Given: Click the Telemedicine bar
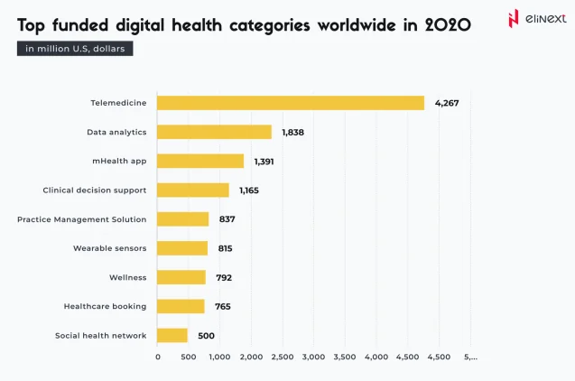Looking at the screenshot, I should pos(291,103).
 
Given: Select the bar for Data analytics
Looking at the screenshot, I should pos(215,132).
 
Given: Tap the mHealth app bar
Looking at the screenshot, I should pos(200,161).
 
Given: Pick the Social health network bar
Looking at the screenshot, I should pos(172,335).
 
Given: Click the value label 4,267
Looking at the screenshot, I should pos(447,103).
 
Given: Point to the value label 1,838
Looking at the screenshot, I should pos(294,132).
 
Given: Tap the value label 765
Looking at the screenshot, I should pos(222,306).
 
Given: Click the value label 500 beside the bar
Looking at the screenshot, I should pos(206,335).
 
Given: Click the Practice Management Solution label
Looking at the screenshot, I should pos(81,219).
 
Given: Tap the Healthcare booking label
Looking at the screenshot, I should pos(105,306).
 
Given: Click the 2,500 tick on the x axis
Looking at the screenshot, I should pos(282,358).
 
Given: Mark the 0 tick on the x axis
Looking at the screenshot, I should pos(158,358).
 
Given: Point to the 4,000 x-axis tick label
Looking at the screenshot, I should pos(376,358).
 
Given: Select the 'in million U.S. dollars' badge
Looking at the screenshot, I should pos(75,49).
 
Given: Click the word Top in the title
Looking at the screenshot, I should pos(33,24).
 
